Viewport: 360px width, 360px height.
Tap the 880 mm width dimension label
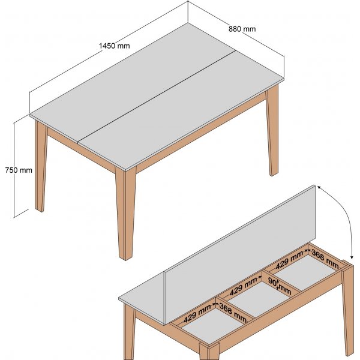point(242,29)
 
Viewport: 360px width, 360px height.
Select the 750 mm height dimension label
point(18,170)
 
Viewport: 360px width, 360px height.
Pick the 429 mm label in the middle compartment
point(243,288)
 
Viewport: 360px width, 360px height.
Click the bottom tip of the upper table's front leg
point(125,257)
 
